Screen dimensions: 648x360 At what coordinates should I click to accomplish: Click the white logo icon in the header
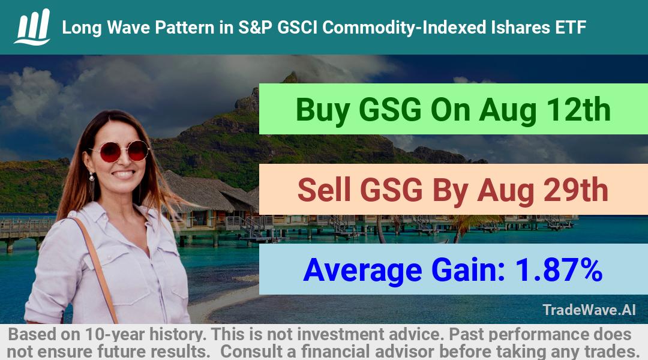32,27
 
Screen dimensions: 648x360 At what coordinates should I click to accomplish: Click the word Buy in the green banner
322,110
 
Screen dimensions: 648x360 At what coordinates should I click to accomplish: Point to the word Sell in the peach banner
324,190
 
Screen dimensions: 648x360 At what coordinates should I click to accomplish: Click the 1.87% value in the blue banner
559,270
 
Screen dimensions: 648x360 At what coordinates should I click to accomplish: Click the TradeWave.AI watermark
589,310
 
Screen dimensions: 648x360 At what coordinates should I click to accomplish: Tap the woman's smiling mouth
124,174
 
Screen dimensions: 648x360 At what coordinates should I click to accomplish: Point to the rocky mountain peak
291,77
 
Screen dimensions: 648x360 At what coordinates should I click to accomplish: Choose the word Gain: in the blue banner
468,270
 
